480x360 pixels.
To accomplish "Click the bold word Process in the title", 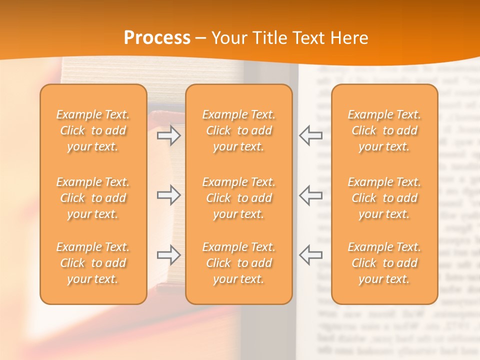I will pyautogui.click(x=157, y=38).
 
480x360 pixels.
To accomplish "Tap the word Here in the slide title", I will pyautogui.click(x=348, y=38).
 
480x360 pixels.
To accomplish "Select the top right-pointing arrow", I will pyautogui.click(x=169, y=135).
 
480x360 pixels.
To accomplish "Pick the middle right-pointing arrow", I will pyautogui.click(x=169, y=195).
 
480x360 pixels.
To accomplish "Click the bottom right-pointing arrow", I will pyautogui.click(x=169, y=254).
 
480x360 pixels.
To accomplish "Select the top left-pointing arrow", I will pyautogui.click(x=310, y=135).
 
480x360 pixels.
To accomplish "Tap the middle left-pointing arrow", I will pyautogui.click(x=310, y=195).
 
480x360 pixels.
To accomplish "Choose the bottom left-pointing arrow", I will pyautogui.click(x=310, y=254).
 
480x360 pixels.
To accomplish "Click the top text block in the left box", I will pyautogui.click(x=93, y=130).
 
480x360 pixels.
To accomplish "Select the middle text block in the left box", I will pyautogui.click(x=93, y=198).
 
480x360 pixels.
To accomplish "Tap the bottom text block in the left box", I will pyautogui.click(x=93, y=263).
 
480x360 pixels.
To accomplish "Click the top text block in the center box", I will pyautogui.click(x=238, y=130).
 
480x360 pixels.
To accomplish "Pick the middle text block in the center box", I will pyautogui.click(x=238, y=198).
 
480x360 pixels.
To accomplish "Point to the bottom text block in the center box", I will pyautogui.click(x=238, y=263).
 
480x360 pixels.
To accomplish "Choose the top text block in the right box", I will pyautogui.click(x=384, y=130).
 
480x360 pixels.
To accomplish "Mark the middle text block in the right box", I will pyautogui.click(x=384, y=198).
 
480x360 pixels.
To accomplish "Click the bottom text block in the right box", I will pyautogui.click(x=384, y=263).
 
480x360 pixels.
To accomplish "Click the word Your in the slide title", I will pyautogui.click(x=229, y=38).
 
